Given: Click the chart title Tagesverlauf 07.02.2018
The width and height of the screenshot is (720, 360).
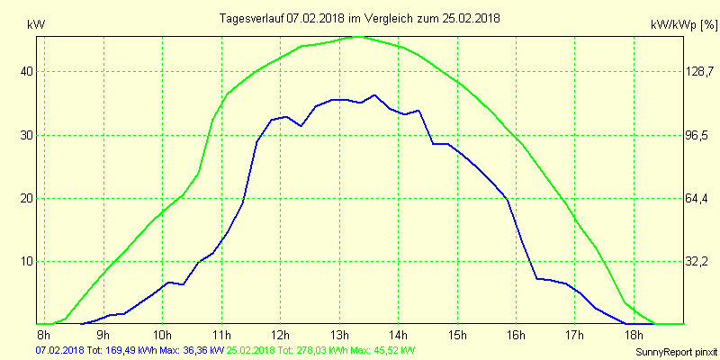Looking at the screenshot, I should pyautogui.click(x=360, y=18).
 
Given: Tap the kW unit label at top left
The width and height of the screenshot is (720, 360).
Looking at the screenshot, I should pyautogui.click(x=36, y=25).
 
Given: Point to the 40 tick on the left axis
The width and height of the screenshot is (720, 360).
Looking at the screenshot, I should pyautogui.click(x=27, y=72).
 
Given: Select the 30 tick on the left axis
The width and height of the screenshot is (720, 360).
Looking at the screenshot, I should pyautogui.click(x=27, y=135).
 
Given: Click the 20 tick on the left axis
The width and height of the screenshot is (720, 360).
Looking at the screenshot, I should pyautogui.click(x=27, y=198).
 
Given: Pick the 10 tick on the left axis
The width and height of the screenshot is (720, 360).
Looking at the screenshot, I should pyautogui.click(x=27, y=261).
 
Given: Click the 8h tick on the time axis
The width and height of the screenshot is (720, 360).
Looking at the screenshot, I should pyautogui.click(x=42, y=336).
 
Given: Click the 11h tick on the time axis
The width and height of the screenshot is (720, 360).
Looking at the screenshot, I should pyautogui.click(x=220, y=336).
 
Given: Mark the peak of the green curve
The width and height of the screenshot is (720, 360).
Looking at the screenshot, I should pyautogui.click(x=357, y=37).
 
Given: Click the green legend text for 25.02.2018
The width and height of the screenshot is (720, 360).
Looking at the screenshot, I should pyautogui.click(x=320, y=350).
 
